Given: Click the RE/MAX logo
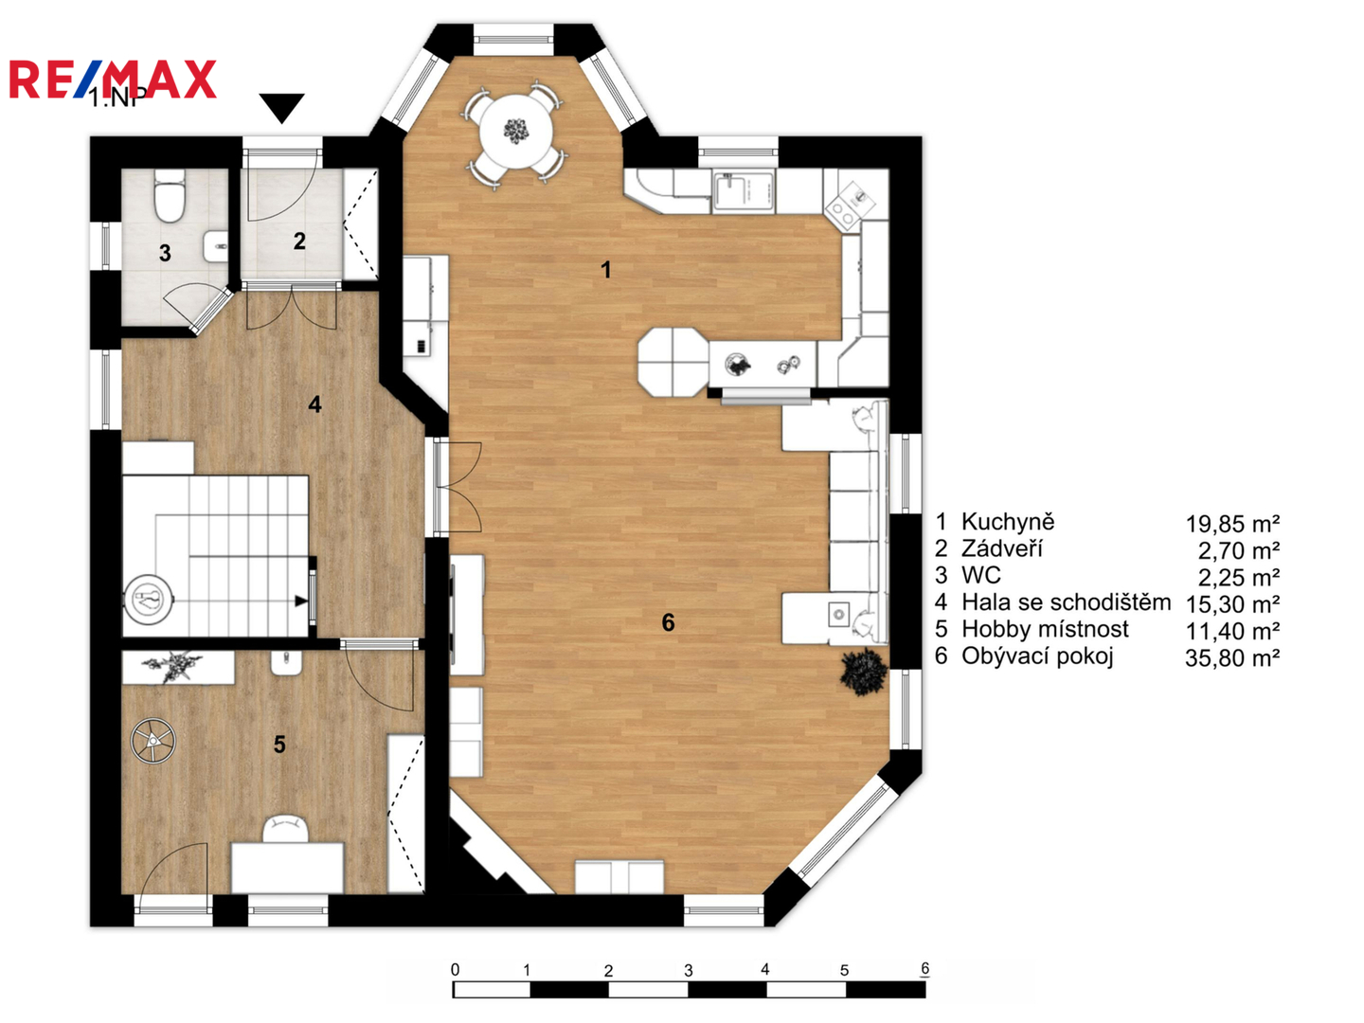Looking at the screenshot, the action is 113,79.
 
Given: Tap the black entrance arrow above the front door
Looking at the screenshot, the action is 281,107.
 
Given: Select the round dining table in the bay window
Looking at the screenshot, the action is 516,133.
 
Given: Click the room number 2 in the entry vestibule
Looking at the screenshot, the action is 299,241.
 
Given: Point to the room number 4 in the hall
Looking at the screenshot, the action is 315,405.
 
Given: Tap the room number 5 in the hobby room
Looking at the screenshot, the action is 279,745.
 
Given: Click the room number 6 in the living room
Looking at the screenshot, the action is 668,622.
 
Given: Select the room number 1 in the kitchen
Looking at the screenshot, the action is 606,270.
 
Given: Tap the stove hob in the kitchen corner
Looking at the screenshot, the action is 850,201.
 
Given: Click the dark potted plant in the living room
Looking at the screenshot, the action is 863,673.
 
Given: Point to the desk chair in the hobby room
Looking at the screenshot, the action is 286,829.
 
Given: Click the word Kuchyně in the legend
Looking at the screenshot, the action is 1008,522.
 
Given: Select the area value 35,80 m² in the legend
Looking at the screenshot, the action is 1232,657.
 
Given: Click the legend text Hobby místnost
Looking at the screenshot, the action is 1045,629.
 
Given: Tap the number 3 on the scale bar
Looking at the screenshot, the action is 688,971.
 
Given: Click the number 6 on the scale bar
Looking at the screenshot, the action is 924,969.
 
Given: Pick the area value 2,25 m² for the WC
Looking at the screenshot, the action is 1239,578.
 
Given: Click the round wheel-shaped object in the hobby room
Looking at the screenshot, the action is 153,740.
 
